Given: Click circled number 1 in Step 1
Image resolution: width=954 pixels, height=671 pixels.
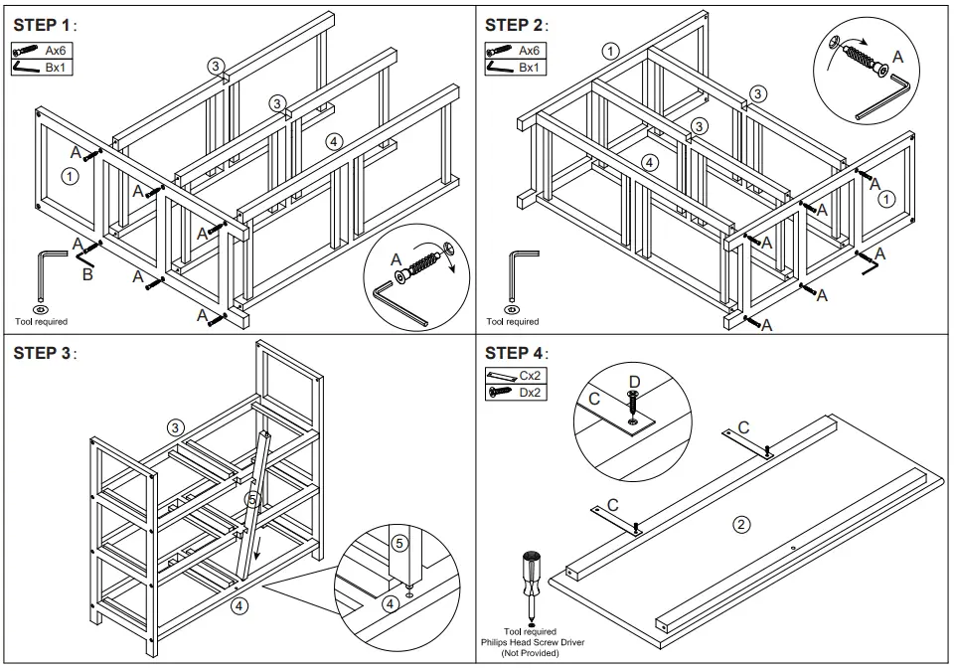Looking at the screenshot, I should pyautogui.click(x=69, y=176).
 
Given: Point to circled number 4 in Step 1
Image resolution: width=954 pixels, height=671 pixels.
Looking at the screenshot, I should pyautogui.click(x=334, y=142).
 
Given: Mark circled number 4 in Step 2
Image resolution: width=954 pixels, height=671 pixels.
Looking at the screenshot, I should pyautogui.click(x=649, y=161).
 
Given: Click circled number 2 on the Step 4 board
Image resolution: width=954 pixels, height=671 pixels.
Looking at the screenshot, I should pyautogui.click(x=740, y=524).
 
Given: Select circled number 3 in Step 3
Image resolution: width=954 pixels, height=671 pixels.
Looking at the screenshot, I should pyautogui.click(x=175, y=427).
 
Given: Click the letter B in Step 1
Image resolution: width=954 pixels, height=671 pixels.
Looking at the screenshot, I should pyautogui.click(x=87, y=273).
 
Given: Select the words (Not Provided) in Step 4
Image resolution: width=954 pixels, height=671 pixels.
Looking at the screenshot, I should pyautogui.click(x=530, y=653).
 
